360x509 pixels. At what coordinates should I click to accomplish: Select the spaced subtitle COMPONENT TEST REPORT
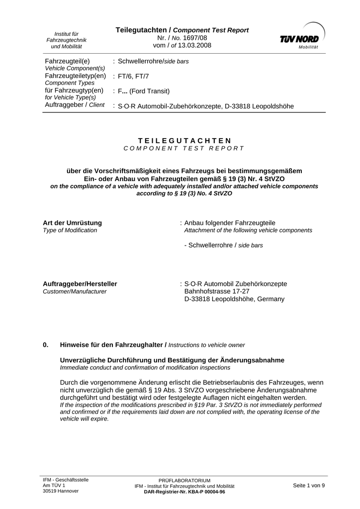184,148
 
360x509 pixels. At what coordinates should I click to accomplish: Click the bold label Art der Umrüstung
73,223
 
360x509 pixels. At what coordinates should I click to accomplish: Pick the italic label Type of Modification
70,231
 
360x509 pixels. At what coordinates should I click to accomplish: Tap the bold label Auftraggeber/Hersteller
80,284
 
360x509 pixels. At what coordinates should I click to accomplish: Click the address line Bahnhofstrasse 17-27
217,291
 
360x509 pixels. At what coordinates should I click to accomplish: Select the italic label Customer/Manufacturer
75,292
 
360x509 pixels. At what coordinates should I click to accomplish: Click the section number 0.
45,344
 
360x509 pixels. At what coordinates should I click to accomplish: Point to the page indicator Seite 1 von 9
309,485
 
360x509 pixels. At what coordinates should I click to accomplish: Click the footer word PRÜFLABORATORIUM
184,481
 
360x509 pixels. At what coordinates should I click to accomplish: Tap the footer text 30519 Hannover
61,491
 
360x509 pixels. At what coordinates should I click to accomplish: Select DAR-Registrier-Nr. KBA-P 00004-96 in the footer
184,492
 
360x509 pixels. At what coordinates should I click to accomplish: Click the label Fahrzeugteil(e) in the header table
67,61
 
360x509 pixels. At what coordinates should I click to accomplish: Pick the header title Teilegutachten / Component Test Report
182,30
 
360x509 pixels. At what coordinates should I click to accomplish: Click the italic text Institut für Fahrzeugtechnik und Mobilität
67,40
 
